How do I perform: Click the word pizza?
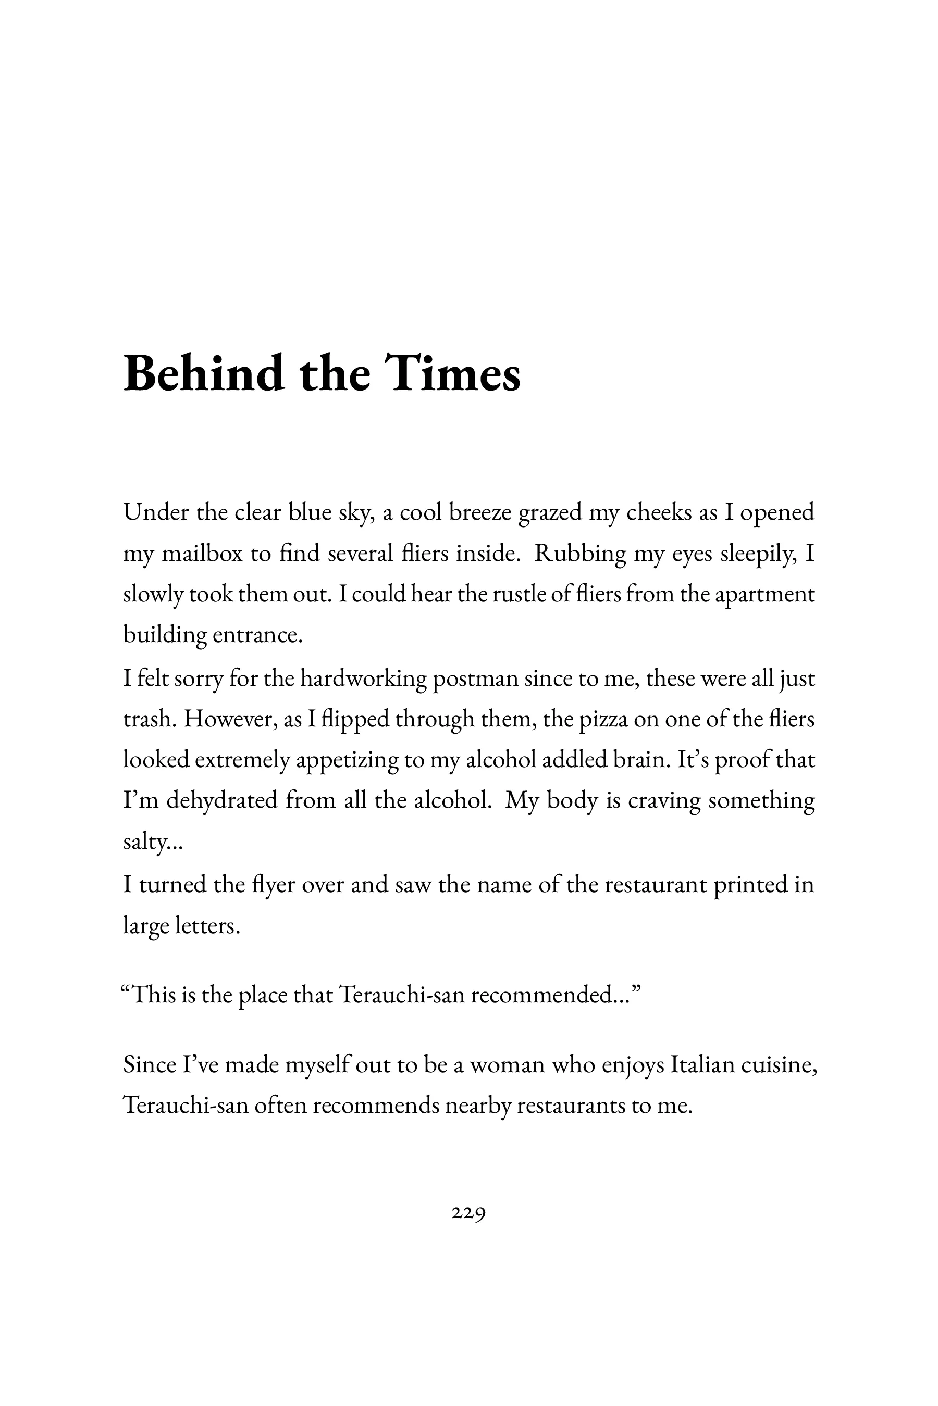(603, 719)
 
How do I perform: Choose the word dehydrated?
(222, 800)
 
